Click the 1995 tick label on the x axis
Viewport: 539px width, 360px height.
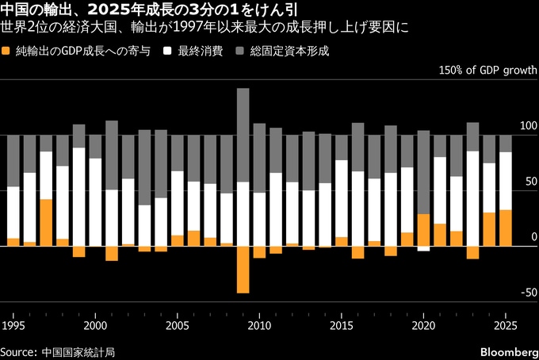[13, 326]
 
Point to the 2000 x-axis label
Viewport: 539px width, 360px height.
[95, 326]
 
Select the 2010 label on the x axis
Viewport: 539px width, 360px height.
[259, 326]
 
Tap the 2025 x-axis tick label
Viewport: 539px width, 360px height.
[505, 326]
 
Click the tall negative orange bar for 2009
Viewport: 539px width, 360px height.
[243, 270]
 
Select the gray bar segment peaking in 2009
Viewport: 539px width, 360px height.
[243, 135]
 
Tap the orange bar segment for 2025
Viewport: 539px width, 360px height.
[506, 228]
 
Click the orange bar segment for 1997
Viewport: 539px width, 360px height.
[46, 222]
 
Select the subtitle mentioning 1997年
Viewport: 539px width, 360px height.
[205, 29]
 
